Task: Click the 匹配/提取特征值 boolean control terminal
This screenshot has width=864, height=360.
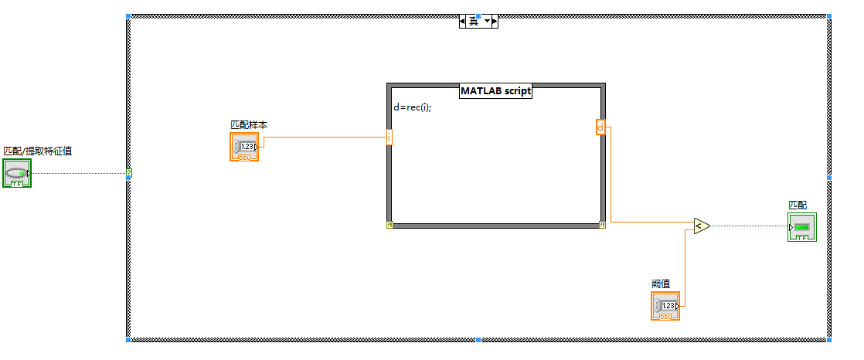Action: (x=17, y=174)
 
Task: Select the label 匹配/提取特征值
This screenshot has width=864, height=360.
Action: (x=38, y=151)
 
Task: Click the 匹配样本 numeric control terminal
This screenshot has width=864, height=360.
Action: (x=244, y=146)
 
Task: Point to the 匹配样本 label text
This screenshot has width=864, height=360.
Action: (x=249, y=124)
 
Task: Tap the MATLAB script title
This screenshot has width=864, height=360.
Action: (x=496, y=90)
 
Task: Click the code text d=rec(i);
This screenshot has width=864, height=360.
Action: (x=412, y=107)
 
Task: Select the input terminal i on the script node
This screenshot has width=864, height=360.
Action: (x=389, y=137)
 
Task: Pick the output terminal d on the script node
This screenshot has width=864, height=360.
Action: (x=600, y=127)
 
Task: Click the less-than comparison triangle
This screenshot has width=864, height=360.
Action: (x=700, y=226)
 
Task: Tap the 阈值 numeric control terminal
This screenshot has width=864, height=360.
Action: (x=665, y=306)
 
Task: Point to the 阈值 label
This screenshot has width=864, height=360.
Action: (x=661, y=284)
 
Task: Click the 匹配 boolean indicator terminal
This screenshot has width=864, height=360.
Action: (x=802, y=227)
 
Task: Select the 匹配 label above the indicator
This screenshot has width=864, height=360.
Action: (x=797, y=205)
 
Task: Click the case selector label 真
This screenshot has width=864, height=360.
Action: (x=474, y=22)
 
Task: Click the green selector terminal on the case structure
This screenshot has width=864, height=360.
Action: (x=129, y=173)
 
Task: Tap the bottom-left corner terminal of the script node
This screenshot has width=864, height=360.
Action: (x=389, y=225)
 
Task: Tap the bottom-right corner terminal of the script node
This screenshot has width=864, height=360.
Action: (x=602, y=225)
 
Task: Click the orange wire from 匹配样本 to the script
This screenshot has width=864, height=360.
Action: (x=325, y=138)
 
